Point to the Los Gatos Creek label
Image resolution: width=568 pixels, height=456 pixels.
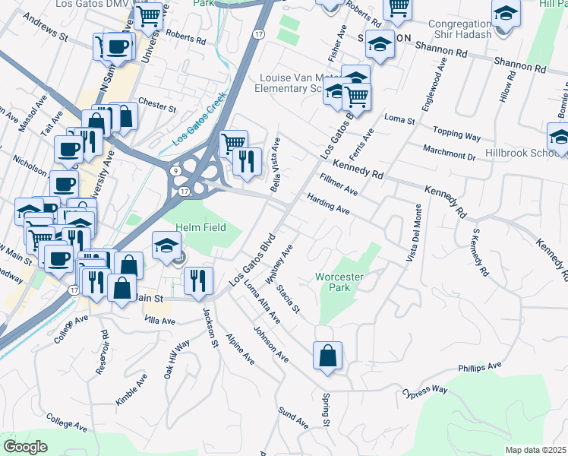pos(200,128)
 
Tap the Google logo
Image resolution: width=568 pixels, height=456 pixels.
pos(25,446)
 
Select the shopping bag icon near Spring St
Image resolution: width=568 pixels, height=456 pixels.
pos(327,355)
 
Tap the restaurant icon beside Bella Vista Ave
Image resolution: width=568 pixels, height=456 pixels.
pos(248,161)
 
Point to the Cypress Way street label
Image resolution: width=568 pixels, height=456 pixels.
pos(425,393)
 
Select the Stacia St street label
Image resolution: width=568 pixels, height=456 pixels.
pos(289,299)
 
